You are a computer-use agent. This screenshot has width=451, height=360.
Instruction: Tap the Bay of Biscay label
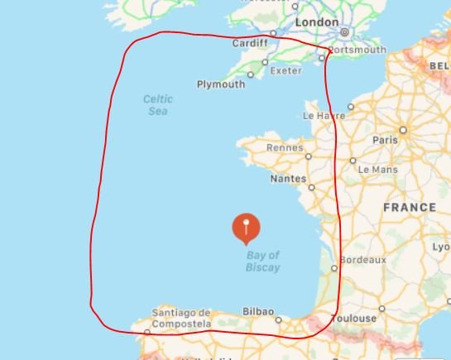[262, 262]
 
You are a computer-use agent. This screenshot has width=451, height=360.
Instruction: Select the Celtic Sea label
[157, 104]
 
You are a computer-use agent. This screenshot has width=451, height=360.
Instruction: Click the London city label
[317, 22]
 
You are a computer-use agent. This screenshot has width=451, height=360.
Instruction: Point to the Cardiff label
[250, 43]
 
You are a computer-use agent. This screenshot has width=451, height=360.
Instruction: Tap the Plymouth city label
[221, 84]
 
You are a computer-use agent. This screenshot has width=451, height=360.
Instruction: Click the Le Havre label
[324, 116]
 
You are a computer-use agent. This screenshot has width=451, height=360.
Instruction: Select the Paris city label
[385, 141]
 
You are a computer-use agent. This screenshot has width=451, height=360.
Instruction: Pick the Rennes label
[285, 148]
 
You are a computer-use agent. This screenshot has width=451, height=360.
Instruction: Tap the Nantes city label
[288, 179]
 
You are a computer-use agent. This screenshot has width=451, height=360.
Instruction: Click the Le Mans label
[378, 170]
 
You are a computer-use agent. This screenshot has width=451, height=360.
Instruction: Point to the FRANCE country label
[410, 208]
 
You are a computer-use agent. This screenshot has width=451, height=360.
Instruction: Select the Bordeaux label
[363, 259]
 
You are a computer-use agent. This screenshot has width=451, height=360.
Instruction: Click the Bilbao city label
[257, 311]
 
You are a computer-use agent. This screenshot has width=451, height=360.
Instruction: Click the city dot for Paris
[403, 130]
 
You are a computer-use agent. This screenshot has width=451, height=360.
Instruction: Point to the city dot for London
[343, 32]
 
